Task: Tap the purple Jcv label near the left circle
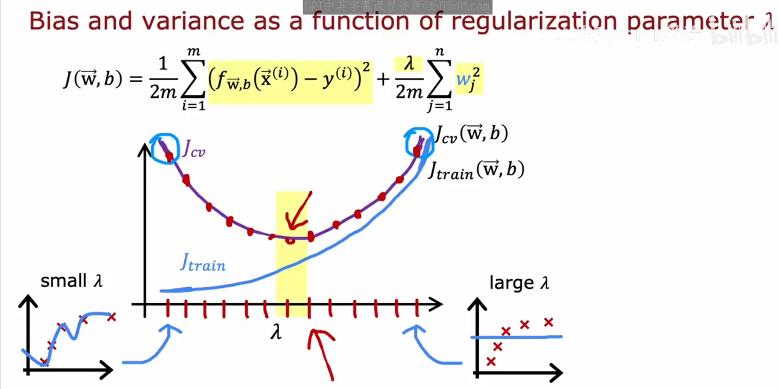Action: click(x=194, y=149)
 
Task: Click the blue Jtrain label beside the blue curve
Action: click(x=203, y=263)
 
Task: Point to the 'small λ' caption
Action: click(x=71, y=281)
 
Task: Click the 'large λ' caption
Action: click(x=519, y=283)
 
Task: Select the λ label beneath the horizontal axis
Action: click(x=276, y=332)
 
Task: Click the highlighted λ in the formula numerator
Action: click(x=409, y=63)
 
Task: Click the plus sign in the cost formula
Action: click(x=383, y=79)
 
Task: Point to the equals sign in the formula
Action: click(x=136, y=79)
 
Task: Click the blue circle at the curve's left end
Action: click(x=165, y=149)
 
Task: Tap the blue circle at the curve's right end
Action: click(x=419, y=143)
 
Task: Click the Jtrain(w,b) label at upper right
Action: click(x=476, y=170)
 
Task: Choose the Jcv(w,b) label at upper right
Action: click(x=471, y=134)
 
